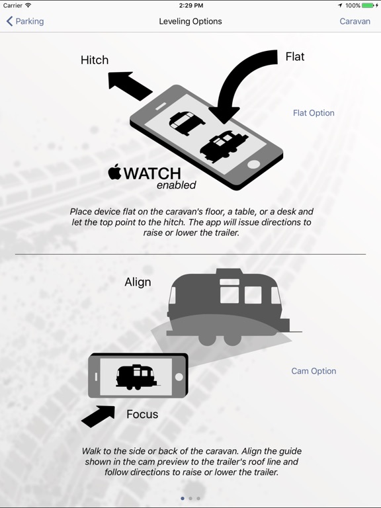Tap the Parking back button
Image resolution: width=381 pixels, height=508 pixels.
coord(25,21)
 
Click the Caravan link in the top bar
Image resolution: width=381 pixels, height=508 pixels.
coord(355,21)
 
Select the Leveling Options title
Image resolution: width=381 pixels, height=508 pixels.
coord(190,21)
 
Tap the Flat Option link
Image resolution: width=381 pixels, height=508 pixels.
coord(314,112)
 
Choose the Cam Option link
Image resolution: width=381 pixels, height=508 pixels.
coord(314,371)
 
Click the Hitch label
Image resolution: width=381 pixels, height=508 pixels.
coord(95,60)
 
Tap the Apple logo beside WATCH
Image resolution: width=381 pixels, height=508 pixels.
coord(114,172)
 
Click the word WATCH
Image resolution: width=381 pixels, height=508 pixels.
coord(152,174)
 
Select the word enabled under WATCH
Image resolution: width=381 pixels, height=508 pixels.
coord(177,185)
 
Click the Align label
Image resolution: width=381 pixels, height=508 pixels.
coord(138,282)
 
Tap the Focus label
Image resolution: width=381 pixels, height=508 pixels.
coord(142,414)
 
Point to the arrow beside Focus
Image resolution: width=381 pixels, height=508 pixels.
coord(99,416)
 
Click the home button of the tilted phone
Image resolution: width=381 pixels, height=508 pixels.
coord(253,164)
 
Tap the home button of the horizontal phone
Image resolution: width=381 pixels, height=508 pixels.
coord(179,377)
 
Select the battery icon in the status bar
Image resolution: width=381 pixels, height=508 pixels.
coord(368,5)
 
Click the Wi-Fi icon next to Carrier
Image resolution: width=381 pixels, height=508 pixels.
coord(28,5)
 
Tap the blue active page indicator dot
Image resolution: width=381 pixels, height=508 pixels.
coord(183,498)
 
